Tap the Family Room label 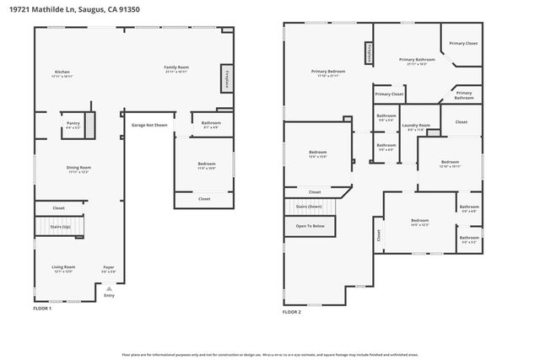(x=176, y=68)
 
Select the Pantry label (x=73, y=125)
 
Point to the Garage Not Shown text (x=148, y=125)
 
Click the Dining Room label (x=78, y=169)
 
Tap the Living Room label (x=64, y=269)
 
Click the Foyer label (x=108, y=269)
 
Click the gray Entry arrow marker (x=108, y=289)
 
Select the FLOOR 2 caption (x=292, y=312)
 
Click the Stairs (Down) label (x=308, y=207)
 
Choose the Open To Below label (x=309, y=226)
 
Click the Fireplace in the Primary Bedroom (x=368, y=53)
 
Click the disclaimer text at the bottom (x=270, y=354)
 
